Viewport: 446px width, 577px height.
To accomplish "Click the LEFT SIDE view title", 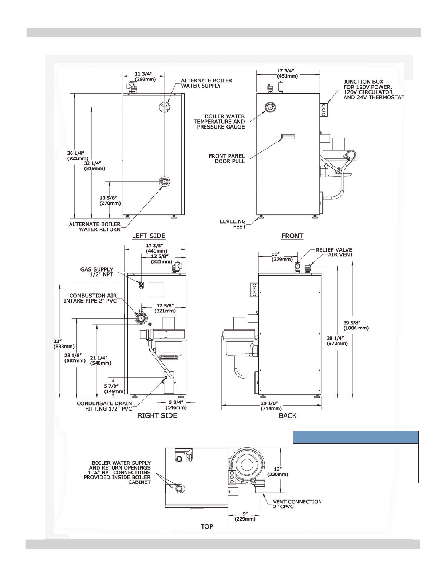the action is coord(149,236).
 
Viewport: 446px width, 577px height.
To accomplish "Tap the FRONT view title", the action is coord(292,236).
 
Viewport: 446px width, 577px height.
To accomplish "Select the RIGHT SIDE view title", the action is coord(157,416).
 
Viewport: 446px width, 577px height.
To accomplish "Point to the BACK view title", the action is coord(288,416).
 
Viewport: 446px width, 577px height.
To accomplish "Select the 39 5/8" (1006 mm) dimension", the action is coord(356,325).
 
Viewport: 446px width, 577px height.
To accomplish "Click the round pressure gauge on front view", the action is coord(270,107).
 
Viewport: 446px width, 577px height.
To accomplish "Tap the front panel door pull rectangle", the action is coord(287,137).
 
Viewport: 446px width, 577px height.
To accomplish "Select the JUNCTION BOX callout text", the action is coord(374,90).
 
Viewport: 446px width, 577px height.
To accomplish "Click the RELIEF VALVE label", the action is coord(334,250).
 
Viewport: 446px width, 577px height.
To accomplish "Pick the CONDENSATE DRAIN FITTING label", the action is coord(104,406).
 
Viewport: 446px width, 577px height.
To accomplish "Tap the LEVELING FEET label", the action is coord(233,224).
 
